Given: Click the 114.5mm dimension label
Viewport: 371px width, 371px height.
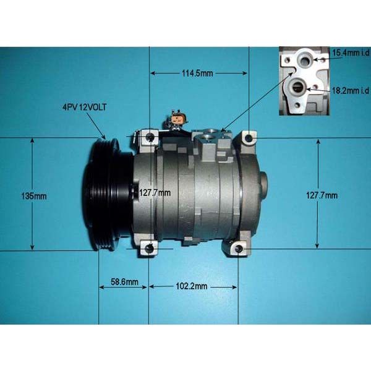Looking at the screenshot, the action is coord(197,74).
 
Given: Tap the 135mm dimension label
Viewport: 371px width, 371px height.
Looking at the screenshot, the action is coord(34,196).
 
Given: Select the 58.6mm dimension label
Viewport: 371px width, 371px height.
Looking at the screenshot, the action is coord(124,282).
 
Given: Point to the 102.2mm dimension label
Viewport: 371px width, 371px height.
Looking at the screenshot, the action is coord(192,286).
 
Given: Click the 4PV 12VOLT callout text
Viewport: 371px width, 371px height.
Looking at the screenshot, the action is coord(84,108).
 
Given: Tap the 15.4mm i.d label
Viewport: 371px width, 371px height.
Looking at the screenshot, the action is coord(351,53).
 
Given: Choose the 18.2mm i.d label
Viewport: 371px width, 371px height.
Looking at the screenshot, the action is coord(351,90).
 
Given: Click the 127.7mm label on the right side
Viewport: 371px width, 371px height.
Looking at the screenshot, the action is coord(322,195).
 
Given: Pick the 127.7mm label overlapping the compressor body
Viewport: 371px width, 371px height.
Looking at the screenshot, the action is coord(155,193).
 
